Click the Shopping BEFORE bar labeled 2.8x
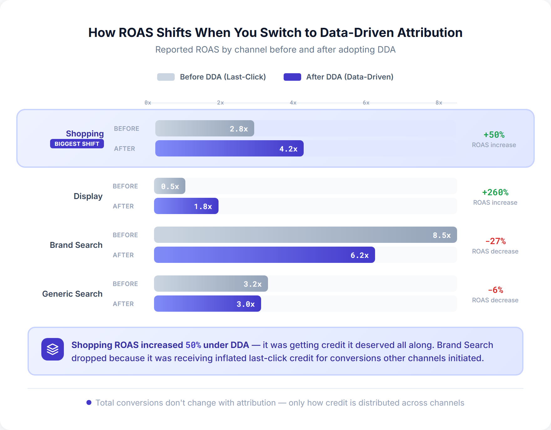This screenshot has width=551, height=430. pos(204,128)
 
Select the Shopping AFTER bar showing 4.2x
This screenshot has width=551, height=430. pos(229,148)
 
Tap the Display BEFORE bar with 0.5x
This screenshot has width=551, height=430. pos(169,186)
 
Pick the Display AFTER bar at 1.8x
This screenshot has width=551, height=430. pos(186,206)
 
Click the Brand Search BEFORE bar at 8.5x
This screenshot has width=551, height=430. pos(305,235)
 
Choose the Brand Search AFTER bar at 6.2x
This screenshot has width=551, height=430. pos(264,255)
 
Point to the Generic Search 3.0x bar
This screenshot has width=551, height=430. pos(207,304)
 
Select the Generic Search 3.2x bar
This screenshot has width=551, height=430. pos(211,284)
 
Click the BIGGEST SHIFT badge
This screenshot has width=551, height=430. pos(77,144)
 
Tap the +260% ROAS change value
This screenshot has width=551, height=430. pos(495,192)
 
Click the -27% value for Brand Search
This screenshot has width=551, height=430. pos(495,241)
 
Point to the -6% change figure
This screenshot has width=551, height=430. pos(495,290)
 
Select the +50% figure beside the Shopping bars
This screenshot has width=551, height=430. pos(494,135)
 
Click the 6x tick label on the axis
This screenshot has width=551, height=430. pos(366,103)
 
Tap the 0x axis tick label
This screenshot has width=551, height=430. pos(148,103)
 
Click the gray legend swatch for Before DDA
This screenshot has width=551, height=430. pos(166,77)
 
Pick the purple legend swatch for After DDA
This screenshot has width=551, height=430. pos(292,77)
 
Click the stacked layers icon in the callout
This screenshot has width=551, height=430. pos(53,349)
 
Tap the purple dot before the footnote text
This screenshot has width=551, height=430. pos(89,402)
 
